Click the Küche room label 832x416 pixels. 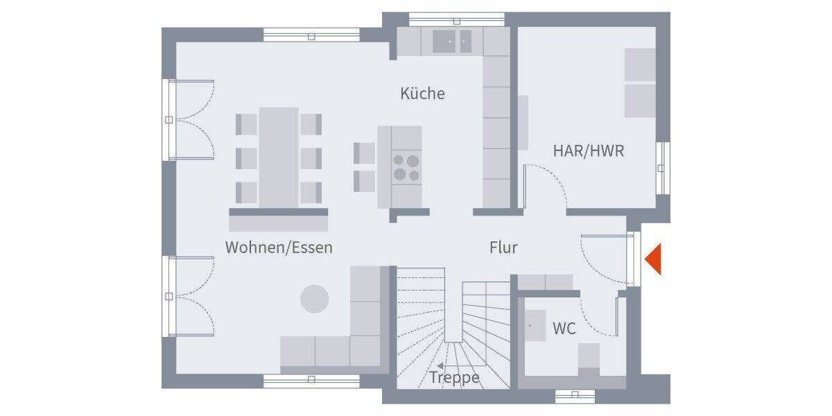coord(422,94)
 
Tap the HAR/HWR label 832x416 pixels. coord(588,150)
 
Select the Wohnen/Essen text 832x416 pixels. coord(279,248)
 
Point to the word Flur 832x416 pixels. coord(503,248)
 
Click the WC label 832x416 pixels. coord(564,329)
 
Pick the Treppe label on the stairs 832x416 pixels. coord(455,378)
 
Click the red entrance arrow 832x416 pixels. coord(653,260)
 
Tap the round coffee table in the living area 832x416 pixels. coord(315,298)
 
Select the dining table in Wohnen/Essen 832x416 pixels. coord(279,156)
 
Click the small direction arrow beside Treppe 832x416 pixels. coord(440,365)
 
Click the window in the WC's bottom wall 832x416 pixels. coord(575,395)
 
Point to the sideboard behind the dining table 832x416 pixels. coord(278,219)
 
